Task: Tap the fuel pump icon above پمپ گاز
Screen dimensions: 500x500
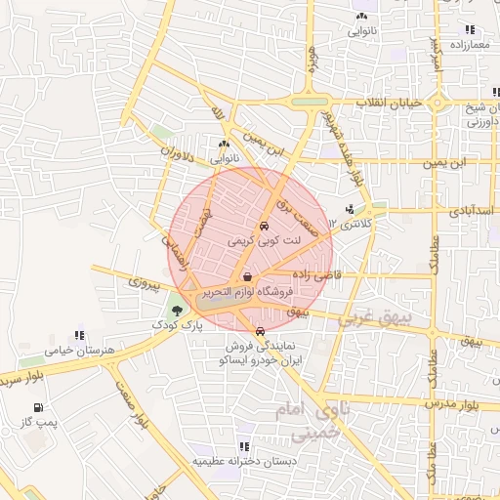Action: [38, 406]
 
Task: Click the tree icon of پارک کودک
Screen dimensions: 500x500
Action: [176, 311]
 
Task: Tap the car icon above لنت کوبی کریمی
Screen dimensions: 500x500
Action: [264, 226]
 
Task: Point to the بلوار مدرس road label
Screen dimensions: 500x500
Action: [455, 402]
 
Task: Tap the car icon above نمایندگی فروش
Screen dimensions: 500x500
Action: [259, 332]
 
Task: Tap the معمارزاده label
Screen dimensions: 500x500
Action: [469, 45]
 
